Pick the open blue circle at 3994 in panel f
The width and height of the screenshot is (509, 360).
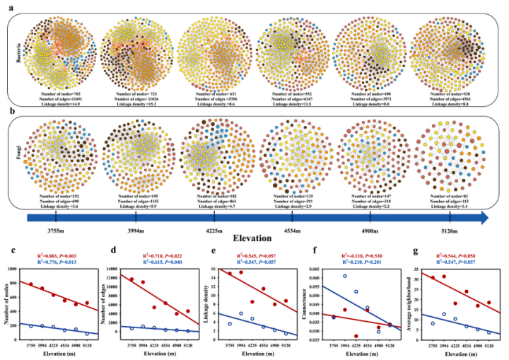345,276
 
